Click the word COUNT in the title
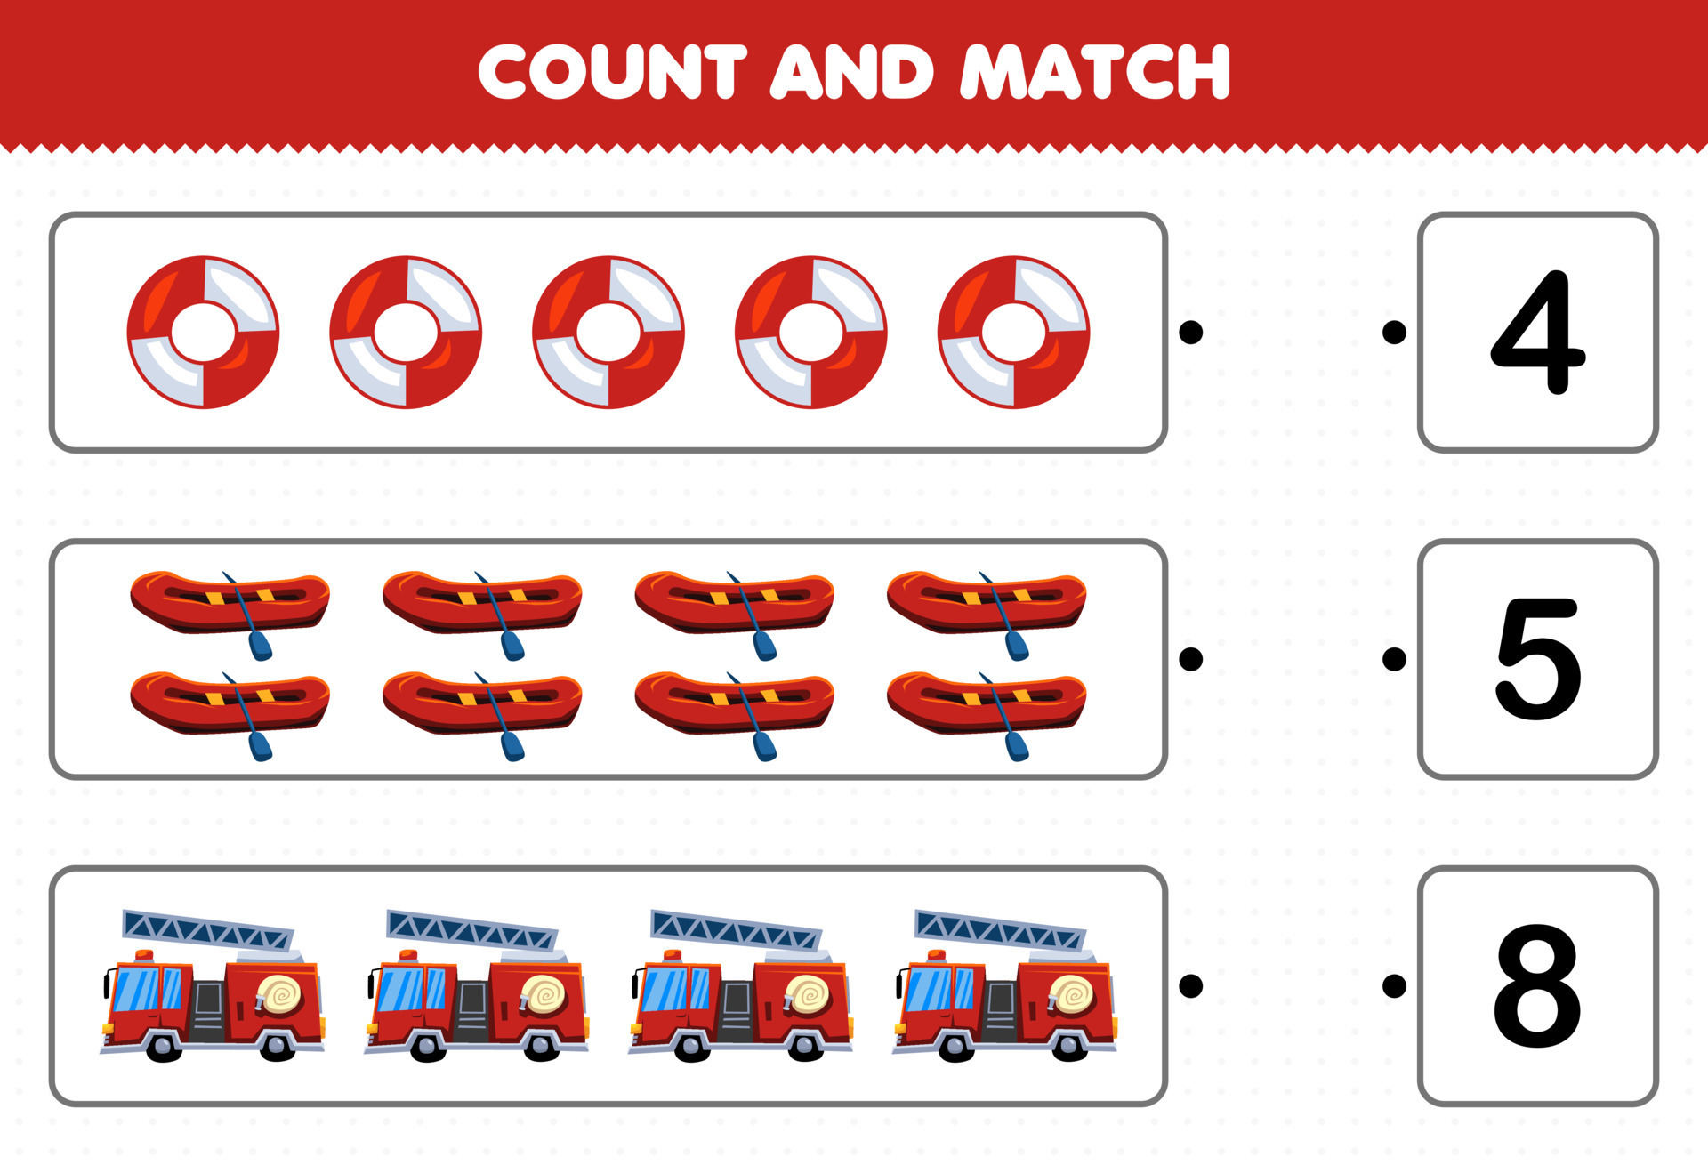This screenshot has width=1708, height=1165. coord(612,72)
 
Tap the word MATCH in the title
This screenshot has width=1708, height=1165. coord(1096,72)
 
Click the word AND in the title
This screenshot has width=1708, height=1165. coord(851,72)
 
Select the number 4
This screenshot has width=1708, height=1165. coord(1537,333)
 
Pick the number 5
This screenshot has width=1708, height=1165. coord(1537,659)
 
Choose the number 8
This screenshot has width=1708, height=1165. coord(1537,986)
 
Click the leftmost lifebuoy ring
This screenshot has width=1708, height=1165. coord(203,333)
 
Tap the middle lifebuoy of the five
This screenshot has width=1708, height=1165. coord(608,333)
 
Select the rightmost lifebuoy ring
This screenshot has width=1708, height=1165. coord(1013,333)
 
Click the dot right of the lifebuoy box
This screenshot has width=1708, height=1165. coord(1190,333)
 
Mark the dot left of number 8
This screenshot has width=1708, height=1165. coord(1395,985)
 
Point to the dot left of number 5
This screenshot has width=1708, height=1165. coord(1395,659)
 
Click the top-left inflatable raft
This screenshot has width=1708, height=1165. coord(230,602)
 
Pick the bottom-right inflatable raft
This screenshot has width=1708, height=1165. coord(986,703)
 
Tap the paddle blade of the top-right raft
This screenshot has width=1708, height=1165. coord(1017,647)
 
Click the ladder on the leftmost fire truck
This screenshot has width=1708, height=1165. coord(206,930)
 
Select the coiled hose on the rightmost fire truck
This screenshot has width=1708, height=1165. coord(1071,994)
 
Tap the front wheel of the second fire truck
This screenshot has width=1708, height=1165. coord(427,1046)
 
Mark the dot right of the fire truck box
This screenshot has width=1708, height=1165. coord(1190,985)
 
